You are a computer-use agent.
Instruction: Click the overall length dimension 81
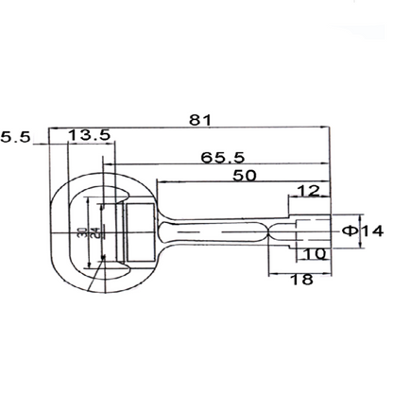(199, 120)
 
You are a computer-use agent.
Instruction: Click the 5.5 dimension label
(16, 137)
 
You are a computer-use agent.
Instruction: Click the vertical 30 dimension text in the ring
(81, 231)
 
